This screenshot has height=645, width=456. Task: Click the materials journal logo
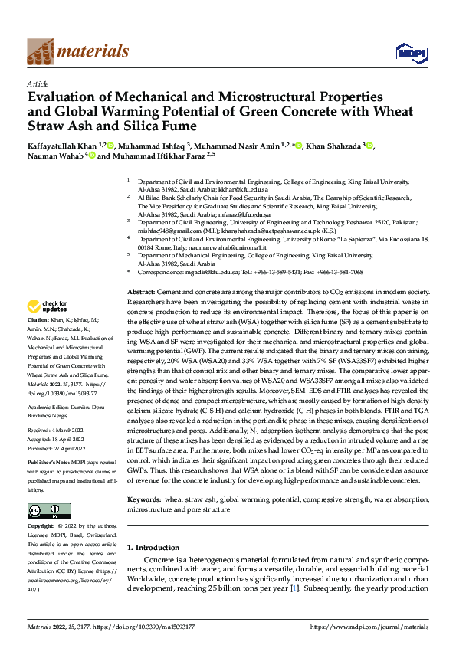[77, 51]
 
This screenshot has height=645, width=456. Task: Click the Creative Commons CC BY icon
[48, 511]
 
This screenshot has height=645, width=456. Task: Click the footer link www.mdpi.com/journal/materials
[370, 627]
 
